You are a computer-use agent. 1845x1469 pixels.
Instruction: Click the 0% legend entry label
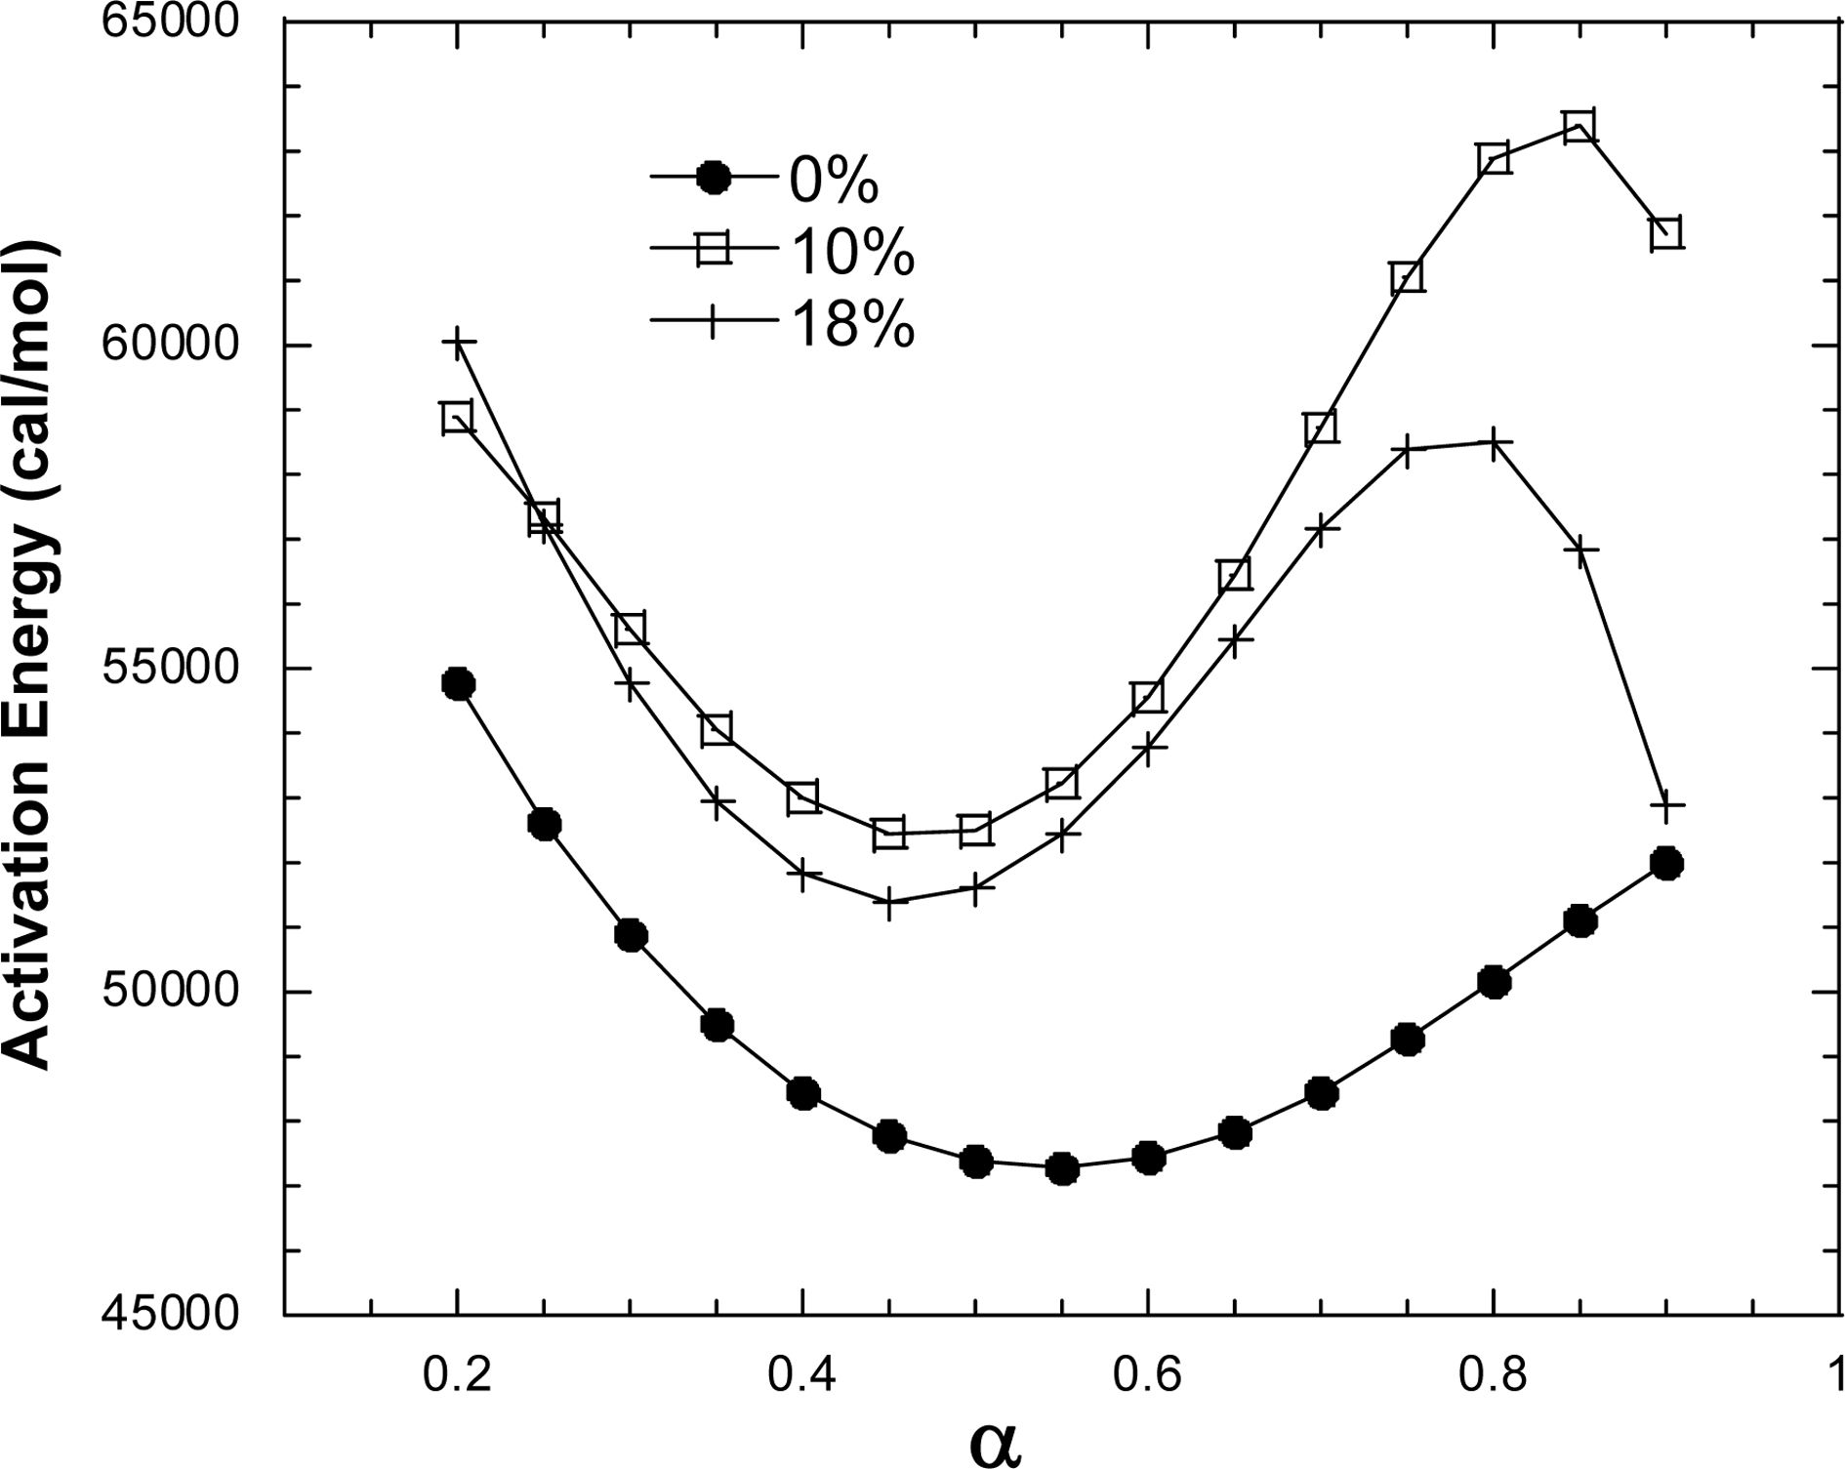pyautogui.click(x=834, y=179)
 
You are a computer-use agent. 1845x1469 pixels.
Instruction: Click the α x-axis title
pyautogui.click(x=996, y=1442)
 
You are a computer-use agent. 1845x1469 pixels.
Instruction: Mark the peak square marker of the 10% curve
pyautogui.click(x=1579, y=127)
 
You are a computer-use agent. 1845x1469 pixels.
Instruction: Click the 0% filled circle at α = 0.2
pyautogui.click(x=458, y=683)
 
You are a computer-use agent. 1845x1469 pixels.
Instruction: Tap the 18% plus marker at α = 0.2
pyautogui.click(x=458, y=343)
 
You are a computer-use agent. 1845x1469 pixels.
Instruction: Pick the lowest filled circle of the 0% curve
pyautogui.click(x=1062, y=1168)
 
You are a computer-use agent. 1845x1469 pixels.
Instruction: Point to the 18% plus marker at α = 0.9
pyautogui.click(x=1666, y=806)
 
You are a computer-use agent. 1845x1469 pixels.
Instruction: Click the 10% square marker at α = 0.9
pyautogui.click(x=1666, y=233)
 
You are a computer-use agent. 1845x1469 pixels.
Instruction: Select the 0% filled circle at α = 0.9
pyautogui.click(x=1666, y=863)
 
